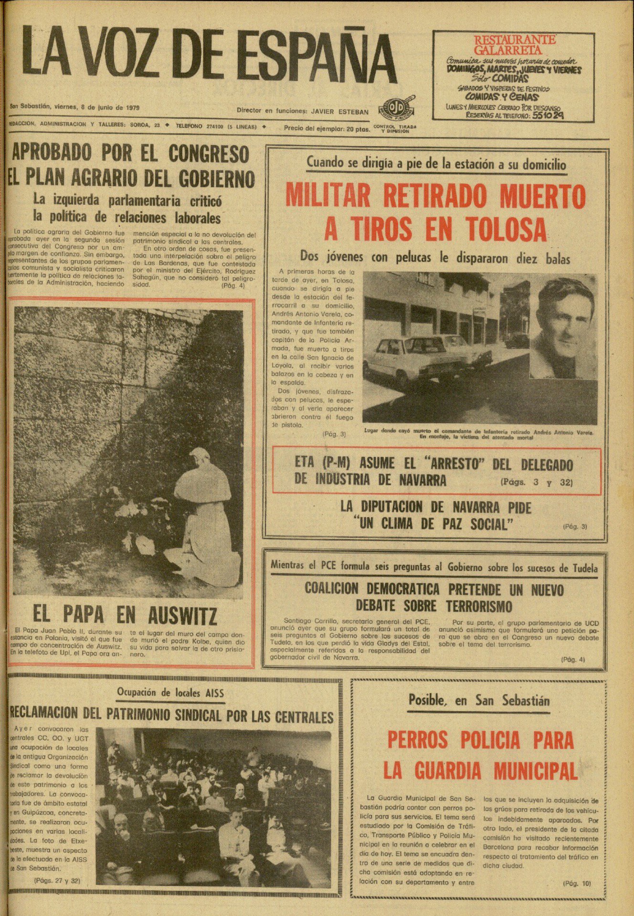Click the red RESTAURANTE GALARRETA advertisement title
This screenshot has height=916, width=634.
pos(515,45)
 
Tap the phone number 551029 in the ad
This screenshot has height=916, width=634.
pos(548,115)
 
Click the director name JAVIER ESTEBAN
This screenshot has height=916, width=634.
pos(339,112)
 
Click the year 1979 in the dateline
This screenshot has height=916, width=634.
pos(131,107)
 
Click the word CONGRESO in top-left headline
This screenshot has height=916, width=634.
pos(209,154)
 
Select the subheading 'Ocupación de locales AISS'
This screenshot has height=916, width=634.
pos(170,693)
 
